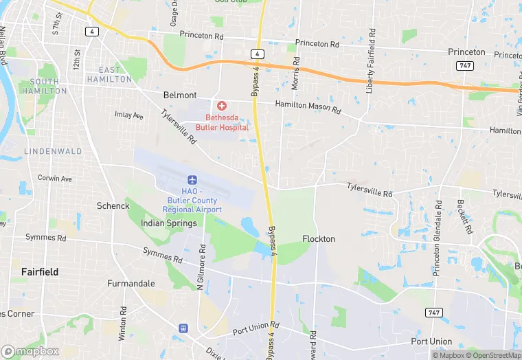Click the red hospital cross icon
pyautogui.click(x=221, y=105)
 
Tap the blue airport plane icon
pyautogui.click(x=192, y=179)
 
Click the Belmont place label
pyautogui.click(x=180, y=95)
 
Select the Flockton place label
pyautogui.click(x=319, y=239)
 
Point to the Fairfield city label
pyautogui.click(x=40, y=272)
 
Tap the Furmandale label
pyautogui.click(x=130, y=283)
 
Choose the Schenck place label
pyautogui.click(x=113, y=205)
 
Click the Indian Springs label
pyautogui.click(x=168, y=223)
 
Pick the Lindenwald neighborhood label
pyautogui.click(x=53, y=151)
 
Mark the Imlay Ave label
pyautogui.click(x=129, y=115)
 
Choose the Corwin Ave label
pyautogui.click(x=55, y=179)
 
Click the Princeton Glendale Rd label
pyautogui.click(x=437, y=238)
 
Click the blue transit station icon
pyautogui.click(x=183, y=328)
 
